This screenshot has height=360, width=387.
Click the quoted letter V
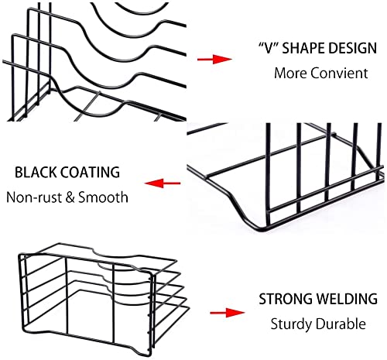coord(269,48)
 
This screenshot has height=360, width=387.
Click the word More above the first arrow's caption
coord(290,73)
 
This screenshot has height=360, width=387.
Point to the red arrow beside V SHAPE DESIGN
coord(214,59)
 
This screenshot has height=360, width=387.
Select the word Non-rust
coord(34,197)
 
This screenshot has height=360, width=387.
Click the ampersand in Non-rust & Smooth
coord(70,197)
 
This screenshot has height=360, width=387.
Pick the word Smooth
coord(103,197)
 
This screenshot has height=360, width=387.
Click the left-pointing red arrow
coord(163,183)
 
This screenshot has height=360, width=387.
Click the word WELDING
coord(347,299)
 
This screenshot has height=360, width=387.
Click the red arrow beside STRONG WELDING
coord(228,313)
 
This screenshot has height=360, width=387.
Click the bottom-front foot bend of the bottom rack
coord(141,351)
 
